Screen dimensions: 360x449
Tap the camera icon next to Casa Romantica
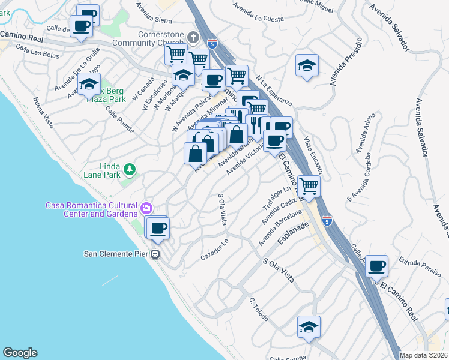point(146,209)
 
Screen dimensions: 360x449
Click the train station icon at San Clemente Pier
point(155,254)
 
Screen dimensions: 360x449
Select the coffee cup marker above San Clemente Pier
point(158,229)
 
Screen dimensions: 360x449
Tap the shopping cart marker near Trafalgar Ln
point(309,187)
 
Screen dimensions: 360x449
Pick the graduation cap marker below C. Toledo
point(309,327)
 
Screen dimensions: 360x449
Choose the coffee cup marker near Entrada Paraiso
point(377,266)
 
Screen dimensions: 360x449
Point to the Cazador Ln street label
point(216,250)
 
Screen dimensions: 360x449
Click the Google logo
point(20,353)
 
